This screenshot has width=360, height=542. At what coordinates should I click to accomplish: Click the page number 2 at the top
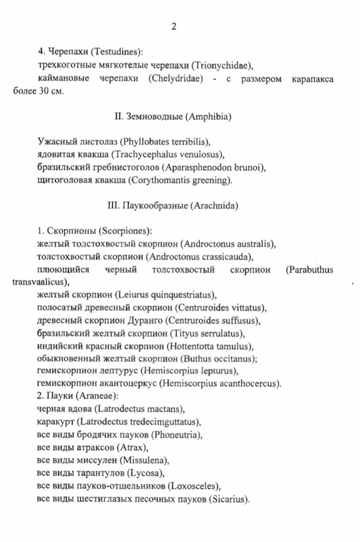pos(174,27)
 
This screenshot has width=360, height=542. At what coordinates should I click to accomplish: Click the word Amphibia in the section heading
pos(209,117)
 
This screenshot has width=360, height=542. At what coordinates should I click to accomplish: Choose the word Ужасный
pos(53,142)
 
